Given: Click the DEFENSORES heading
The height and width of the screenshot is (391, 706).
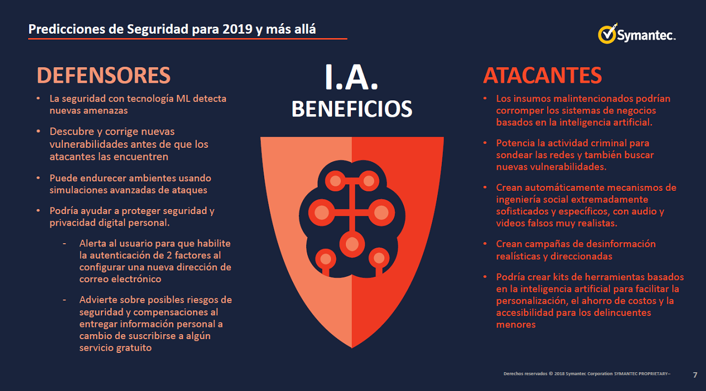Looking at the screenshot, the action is coord(103,76).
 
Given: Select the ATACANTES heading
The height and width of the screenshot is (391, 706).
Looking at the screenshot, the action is coord(542,76).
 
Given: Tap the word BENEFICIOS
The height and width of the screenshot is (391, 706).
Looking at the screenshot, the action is coord(352,109).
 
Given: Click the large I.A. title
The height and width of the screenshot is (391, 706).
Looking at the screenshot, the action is coord(351,77).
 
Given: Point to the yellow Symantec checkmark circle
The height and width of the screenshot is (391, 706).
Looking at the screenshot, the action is coord(607,35).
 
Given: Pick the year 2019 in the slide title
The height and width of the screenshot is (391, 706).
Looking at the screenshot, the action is coord(237,29).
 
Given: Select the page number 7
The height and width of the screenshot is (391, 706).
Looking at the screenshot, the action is coord(695,374).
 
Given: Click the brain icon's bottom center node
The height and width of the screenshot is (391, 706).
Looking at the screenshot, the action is coord(352,244).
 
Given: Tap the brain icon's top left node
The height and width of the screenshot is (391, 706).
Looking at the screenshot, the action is coord(335,181).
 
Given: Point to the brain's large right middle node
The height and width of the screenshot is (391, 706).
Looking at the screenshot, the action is coord(381,212).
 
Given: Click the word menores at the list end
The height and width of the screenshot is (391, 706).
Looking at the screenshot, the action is coord(516,324).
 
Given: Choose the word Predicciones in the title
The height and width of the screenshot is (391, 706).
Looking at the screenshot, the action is coord(67,29).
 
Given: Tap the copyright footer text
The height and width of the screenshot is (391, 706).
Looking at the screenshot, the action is coord(587,374).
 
